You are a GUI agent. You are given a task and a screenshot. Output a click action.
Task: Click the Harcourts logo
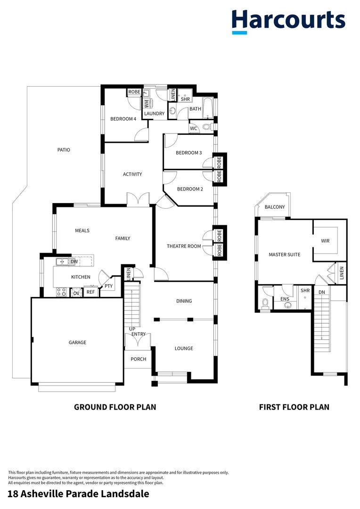[x=288, y=21]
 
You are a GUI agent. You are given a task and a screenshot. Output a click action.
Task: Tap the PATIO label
[x=64, y=150]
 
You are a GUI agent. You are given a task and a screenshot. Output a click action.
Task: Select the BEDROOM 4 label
[x=123, y=119]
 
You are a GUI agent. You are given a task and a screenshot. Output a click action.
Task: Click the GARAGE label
[x=77, y=343]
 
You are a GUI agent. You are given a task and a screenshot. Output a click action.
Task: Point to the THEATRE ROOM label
[x=184, y=246]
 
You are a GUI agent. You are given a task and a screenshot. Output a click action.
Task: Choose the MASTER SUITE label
[x=284, y=254]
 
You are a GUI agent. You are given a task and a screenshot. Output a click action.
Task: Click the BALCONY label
[x=274, y=207]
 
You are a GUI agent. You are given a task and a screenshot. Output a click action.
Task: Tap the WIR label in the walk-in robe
[x=325, y=241]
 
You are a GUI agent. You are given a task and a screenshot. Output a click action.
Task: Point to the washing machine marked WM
[x=146, y=103]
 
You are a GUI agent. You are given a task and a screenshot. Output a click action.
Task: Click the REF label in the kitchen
[x=90, y=292]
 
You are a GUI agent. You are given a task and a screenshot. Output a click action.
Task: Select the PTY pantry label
[x=108, y=286]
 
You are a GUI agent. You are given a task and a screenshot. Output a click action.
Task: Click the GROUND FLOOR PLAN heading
[x=115, y=407]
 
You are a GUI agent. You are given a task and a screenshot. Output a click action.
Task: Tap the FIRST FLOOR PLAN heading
[x=294, y=407]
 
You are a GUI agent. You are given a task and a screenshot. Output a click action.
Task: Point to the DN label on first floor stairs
[x=322, y=292]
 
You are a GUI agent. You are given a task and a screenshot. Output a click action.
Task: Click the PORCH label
[x=139, y=359]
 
